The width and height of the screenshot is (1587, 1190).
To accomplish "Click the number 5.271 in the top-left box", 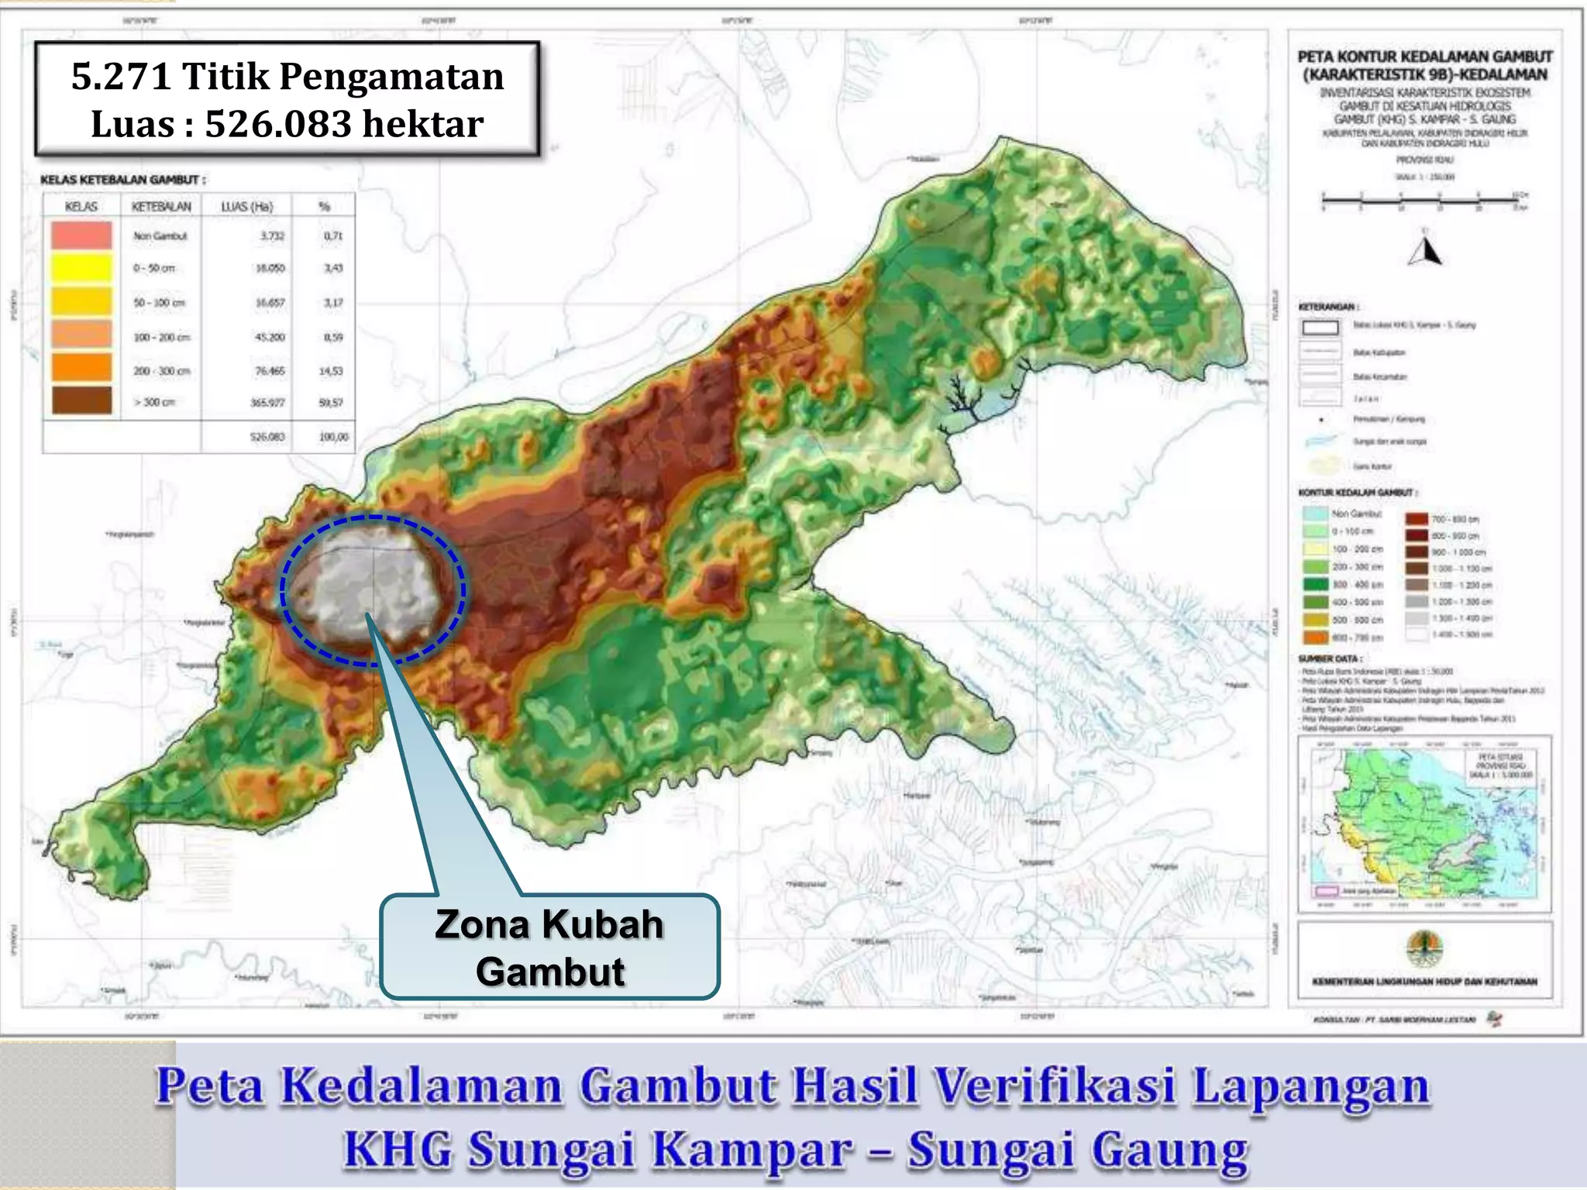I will pos(120,77).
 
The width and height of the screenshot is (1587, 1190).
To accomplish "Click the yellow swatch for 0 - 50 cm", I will pos(81,268).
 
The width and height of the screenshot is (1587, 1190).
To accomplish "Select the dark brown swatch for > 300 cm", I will pos(81,401).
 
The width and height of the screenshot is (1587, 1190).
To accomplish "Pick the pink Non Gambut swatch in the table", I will pos(81,235).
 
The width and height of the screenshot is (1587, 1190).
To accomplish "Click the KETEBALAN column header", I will pos(161,206).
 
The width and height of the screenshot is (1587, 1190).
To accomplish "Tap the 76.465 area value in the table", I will pos(270,371).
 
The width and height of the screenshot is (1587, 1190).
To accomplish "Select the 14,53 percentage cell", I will pos(331,371).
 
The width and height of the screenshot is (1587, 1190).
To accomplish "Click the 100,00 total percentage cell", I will pos(333,437).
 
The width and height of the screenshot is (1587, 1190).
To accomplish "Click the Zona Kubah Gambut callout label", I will pos(549,947).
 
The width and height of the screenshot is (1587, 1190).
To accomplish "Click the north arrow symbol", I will pos(1425,249).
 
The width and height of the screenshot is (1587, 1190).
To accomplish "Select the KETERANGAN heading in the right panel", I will pos(1327,307).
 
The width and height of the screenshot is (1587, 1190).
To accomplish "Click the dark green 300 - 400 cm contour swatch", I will pos(1316,584).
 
